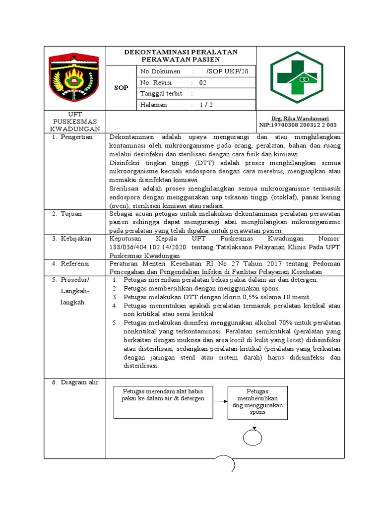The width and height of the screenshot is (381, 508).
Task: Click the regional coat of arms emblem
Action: [x=75, y=77]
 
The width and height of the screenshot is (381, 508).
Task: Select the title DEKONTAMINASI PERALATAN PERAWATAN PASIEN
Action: [x=181, y=56]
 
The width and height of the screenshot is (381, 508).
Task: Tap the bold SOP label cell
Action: [x=121, y=88]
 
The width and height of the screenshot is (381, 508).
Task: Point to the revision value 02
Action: [x=203, y=83]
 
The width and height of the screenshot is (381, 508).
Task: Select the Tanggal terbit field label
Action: [x=161, y=94]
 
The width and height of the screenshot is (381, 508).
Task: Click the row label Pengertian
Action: [x=76, y=137]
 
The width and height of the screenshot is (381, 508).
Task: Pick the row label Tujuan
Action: [x=71, y=213]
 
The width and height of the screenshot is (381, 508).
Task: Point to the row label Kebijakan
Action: [x=76, y=239]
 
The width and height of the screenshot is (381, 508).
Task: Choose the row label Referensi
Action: [x=76, y=264]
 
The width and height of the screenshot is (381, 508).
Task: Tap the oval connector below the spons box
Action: [x=254, y=437]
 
